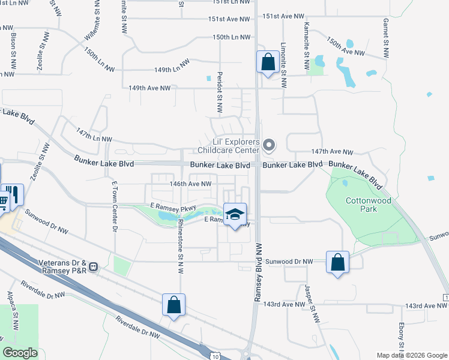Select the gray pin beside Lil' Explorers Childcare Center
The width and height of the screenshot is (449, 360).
269,145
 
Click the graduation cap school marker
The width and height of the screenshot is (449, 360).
235,214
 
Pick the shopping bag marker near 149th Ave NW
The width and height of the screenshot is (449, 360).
267,62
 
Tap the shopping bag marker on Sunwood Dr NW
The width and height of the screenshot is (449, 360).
338,262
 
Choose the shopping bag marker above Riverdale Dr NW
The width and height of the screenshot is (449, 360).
173,305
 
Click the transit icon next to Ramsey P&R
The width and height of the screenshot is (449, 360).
94,265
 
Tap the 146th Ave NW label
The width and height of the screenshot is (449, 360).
191,184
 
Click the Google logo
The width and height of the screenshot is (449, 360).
20,353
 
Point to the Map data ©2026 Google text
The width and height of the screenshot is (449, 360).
411,355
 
